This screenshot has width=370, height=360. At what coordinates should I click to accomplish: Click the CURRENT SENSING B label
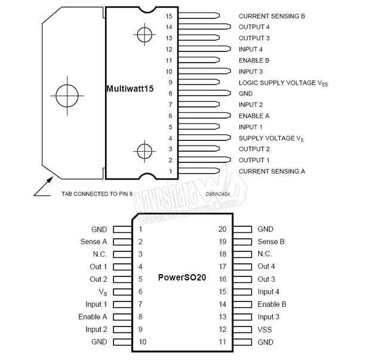tap(272, 16)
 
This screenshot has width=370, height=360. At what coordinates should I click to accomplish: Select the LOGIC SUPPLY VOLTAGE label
tap(283, 82)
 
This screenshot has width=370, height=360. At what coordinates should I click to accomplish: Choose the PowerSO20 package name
tap(182, 278)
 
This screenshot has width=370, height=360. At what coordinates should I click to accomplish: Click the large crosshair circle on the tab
tap(64, 94)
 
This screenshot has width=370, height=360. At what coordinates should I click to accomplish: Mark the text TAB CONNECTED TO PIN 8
tap(97, 194)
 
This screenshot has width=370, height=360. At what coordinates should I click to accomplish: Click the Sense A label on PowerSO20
tap(94, 242)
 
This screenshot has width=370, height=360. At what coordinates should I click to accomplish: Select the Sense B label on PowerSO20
tap(271, 242)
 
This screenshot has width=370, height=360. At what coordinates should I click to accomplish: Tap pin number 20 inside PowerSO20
tap(223, 229)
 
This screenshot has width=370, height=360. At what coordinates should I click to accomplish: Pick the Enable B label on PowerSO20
tap(272, 304)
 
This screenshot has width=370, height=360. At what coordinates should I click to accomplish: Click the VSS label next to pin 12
tap(264, 330)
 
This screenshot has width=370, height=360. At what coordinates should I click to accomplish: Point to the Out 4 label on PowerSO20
tap(266, 266)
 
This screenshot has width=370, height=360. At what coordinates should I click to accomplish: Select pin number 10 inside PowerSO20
tap(143, 342)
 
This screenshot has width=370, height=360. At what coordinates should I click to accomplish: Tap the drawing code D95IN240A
tap(218, 194)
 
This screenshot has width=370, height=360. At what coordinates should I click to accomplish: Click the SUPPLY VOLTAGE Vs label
tap(271, 138)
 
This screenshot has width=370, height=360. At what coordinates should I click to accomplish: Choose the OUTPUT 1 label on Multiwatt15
tap(254, 160)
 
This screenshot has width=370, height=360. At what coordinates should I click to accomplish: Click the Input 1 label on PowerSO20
tap(96, 304)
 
